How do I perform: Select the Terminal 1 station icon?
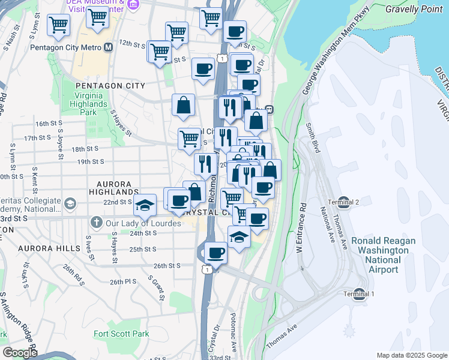(359, 293)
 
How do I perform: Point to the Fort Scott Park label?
(121, 334)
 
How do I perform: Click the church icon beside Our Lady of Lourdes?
(95, 223)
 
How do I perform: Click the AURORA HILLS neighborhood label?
(49, 248)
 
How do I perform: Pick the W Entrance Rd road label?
(303, 230)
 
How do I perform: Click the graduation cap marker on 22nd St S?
(144, 205)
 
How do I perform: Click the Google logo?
(19, 353)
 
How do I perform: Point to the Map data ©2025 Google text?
(412, 355)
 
